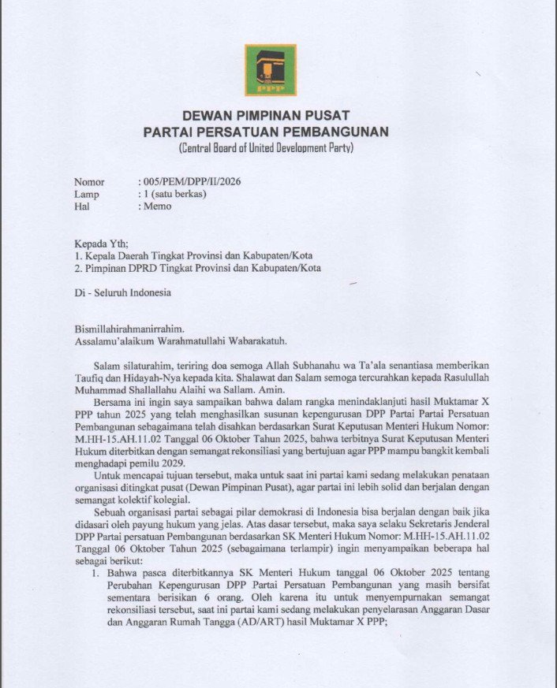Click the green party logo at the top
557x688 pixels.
pos(270,70)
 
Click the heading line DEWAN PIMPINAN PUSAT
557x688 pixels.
pos(266,116)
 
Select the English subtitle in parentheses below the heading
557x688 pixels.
pos(266,147)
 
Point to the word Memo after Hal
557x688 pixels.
pos(157,206)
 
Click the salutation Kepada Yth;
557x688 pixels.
pos(100,243)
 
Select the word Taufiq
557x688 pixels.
pos(90,379)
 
